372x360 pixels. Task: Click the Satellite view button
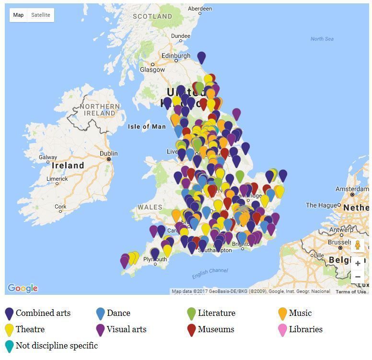(x=41, y=15)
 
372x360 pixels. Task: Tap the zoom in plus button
(x=358, y=263)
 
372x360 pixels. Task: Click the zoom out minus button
(x=358, y=277)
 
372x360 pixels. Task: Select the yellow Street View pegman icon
(x=358, y=245)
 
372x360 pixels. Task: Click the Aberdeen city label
(x=200, y=9)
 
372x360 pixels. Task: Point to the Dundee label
(x=181, y=36)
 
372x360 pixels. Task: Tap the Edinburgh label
(x=176, y=56)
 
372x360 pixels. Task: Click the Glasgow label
(x=152, y=70)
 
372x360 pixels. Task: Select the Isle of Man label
(x=147, y=127)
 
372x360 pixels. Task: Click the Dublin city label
(x=109, y=153)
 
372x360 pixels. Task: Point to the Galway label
(x=48, y=157)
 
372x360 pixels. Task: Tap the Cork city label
(x=60, y=207)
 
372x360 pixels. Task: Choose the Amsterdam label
(x=352, y=189)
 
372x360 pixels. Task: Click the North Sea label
(x=322, y=39)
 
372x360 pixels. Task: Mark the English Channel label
(x=210, y=273)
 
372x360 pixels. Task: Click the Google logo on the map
(x=23, y=288)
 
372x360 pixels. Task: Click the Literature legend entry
(x=216, y=313)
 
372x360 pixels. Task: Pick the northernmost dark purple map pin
(x=201, y=58)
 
